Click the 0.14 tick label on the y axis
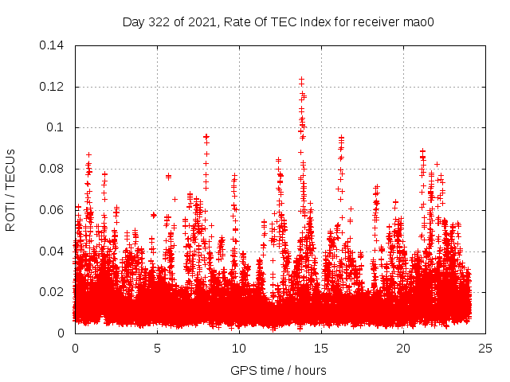pos(53,45)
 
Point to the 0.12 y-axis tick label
pos(53,86)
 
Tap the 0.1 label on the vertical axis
pos(57,127)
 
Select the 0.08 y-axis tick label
pos(53,169)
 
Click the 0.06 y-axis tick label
pos(53,210)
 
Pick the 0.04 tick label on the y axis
pos(53,251)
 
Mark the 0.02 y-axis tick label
pos(53,292)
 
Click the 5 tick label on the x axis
pos(157,348)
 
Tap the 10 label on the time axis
pos(239,348)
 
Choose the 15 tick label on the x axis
pos(321,348)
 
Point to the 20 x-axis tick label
pos(403,348)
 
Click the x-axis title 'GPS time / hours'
pos(279,370)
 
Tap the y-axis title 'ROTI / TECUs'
pos(11,189)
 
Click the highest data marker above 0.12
pos(301,79)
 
